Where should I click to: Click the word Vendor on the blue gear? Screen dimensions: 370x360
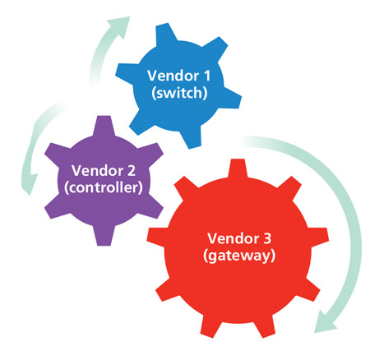click(x=173, y=76)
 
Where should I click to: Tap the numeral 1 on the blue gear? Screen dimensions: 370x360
click(x=206, y=76)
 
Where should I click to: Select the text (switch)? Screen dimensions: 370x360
click(x=179, y=93)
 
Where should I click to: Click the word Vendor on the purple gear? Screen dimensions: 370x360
click(x=97, y=170)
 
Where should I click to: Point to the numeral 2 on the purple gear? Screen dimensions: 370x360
click(x=132, y=170)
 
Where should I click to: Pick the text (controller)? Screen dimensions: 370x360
click(x=104, y=188)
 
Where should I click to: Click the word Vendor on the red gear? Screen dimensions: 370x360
click(x=234, y=238)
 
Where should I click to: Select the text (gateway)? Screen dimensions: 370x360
click(x=239, y=256)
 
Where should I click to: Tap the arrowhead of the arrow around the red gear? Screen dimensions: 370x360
click(x=325, y=322)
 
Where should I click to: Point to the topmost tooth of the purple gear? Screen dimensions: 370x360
click(x=103, y=126)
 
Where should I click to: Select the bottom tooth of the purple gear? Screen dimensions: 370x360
click(x=104, y=235)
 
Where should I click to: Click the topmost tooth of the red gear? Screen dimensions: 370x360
click(x=238, y=168)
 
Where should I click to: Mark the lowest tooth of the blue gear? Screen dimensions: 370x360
click(x=191, y=138)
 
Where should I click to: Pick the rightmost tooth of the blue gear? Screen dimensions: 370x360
click(x=231, y=99)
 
